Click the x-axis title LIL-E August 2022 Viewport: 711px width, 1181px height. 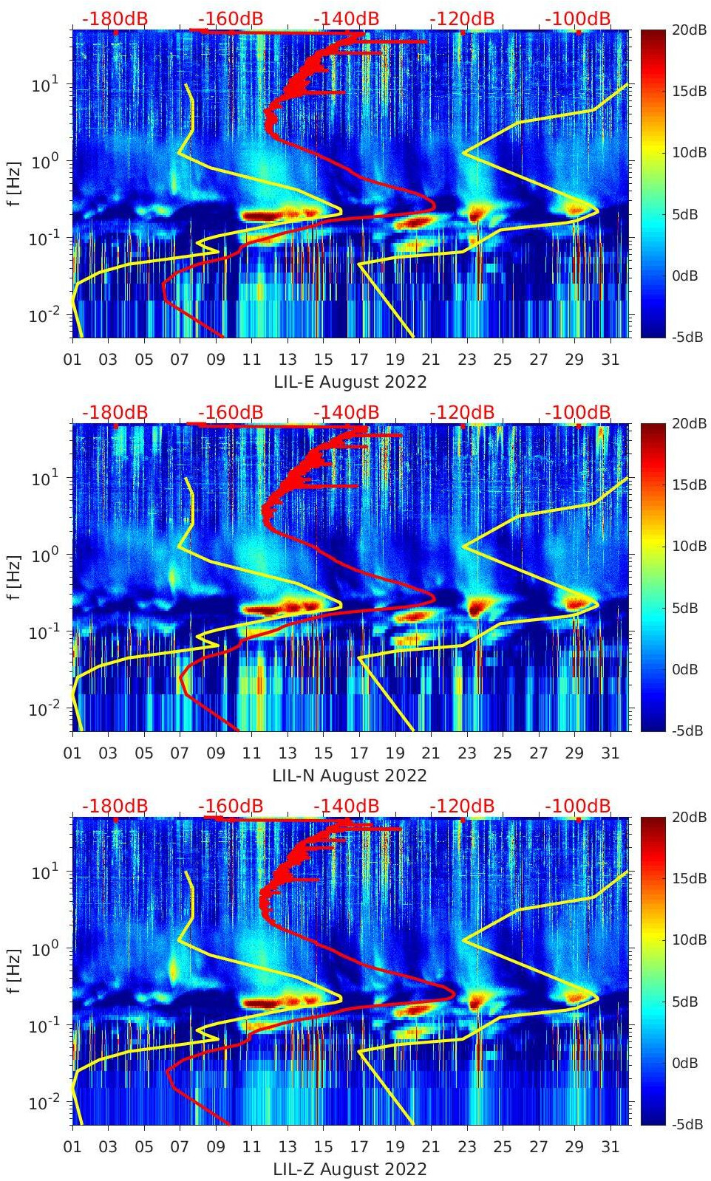click(350, 382)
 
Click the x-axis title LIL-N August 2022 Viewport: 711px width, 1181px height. click(350, 776)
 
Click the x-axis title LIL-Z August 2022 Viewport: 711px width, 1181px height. click(350, 1169)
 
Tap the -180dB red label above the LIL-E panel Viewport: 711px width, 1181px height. click(115, 18)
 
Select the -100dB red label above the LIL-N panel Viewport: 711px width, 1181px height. click(578, 412)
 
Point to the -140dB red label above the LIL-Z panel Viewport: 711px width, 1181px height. click(346, 806)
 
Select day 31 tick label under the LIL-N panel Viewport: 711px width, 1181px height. click(610, 753)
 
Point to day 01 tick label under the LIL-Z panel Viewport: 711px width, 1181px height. click(72, 1147)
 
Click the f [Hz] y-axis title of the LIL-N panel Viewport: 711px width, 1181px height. click(14, 575)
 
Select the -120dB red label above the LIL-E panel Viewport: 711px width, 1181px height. click(462, 18)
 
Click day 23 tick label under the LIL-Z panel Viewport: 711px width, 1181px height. click(466, 1147)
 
